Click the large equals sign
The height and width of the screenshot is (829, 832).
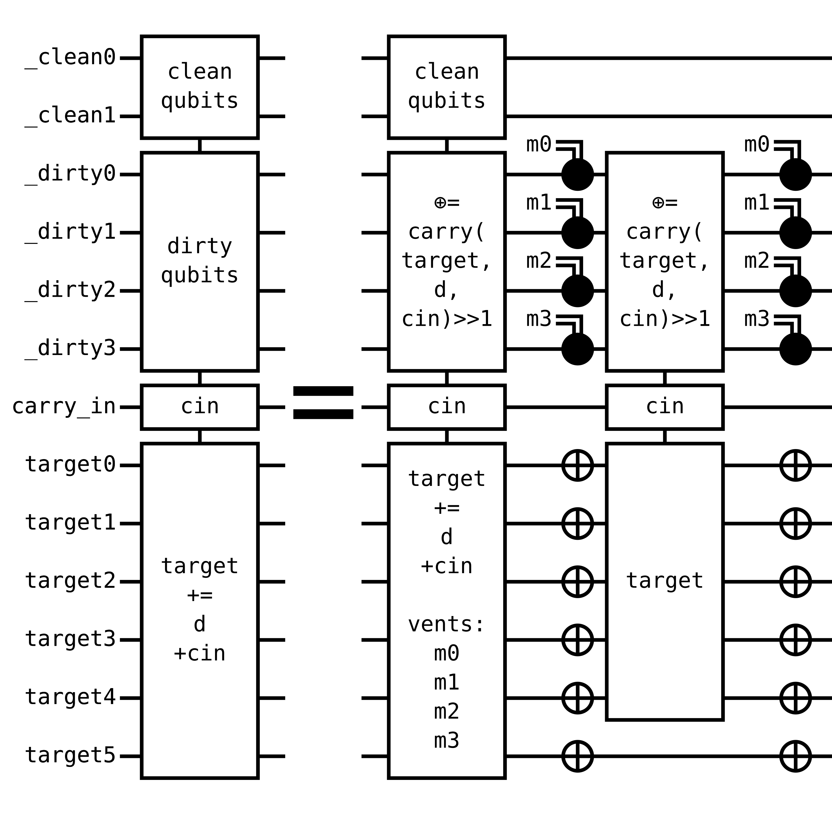point(323,402)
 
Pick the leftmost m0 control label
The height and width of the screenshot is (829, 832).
point(539,144)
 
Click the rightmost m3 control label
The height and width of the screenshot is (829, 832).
point(757,319)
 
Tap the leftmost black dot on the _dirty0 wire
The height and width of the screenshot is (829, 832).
point(577,175)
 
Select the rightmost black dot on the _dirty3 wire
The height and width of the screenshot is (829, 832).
point(795,349)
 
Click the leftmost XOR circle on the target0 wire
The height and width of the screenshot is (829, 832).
point(577,465)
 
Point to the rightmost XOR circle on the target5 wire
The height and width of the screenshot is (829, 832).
point(795,756)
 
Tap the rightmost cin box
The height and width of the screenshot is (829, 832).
point(664,407)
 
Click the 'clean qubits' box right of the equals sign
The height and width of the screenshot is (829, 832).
point(447,87)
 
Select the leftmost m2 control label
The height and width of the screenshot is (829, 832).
point(539,261)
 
